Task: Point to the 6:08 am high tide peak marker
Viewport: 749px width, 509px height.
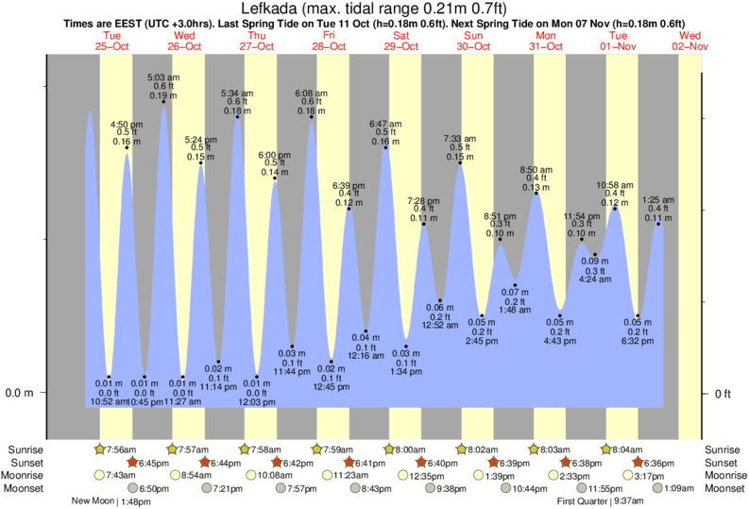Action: point(312,117)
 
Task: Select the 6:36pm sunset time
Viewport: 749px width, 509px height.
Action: point(656,463)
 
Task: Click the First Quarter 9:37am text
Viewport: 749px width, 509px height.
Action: point(601,501)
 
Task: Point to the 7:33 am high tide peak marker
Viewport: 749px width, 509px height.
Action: point(460,163)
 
